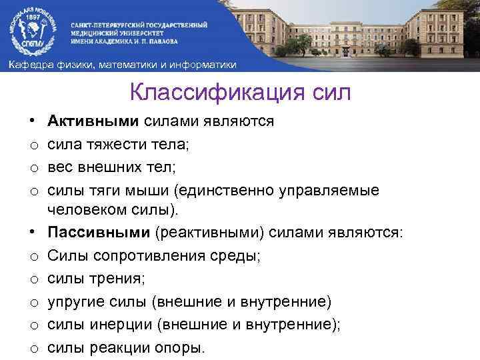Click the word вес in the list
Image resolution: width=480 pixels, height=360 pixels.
61,165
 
